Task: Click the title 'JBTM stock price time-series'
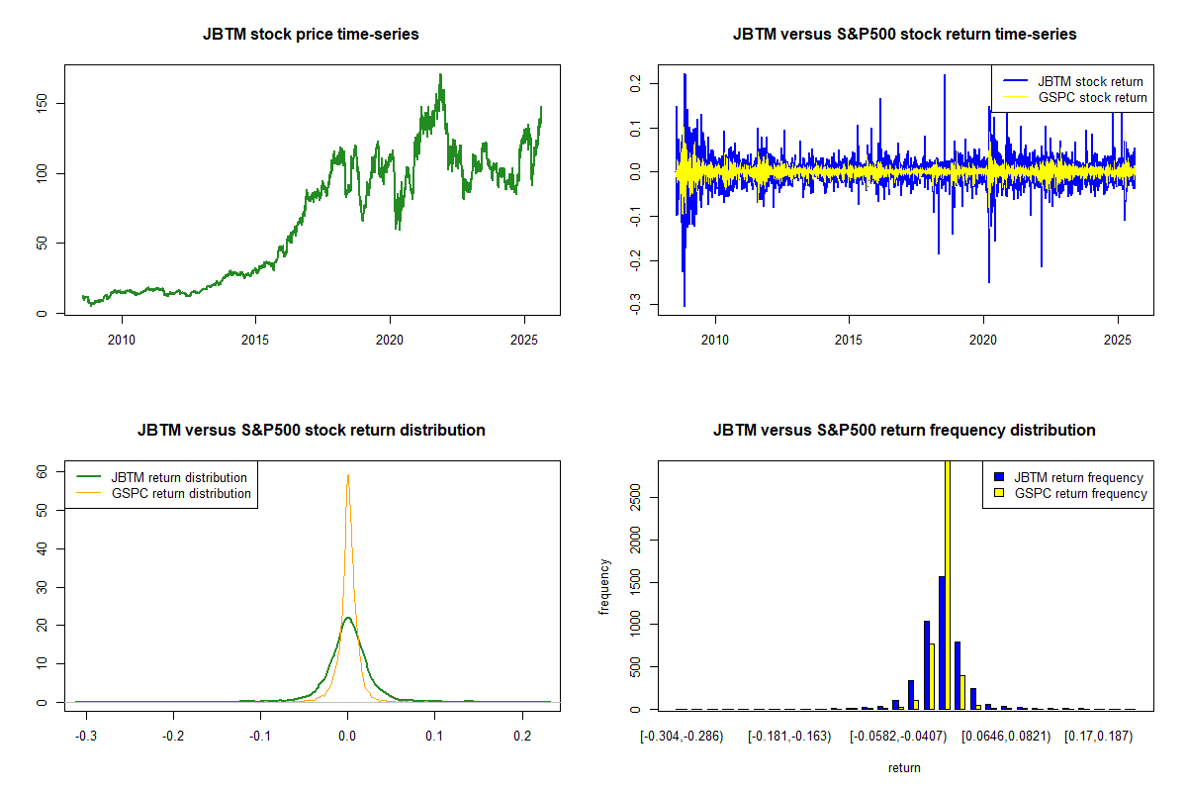click(x=311, y=35)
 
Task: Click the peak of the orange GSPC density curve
click(x=347, y=475)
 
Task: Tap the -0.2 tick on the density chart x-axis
click(x=174, y=738)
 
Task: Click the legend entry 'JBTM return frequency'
click(x=1078, y=477)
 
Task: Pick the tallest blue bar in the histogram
click(x=942, y=643)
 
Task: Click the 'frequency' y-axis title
click(x=605, y=587)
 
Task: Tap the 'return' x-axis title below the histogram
click(x=904, y=767)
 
